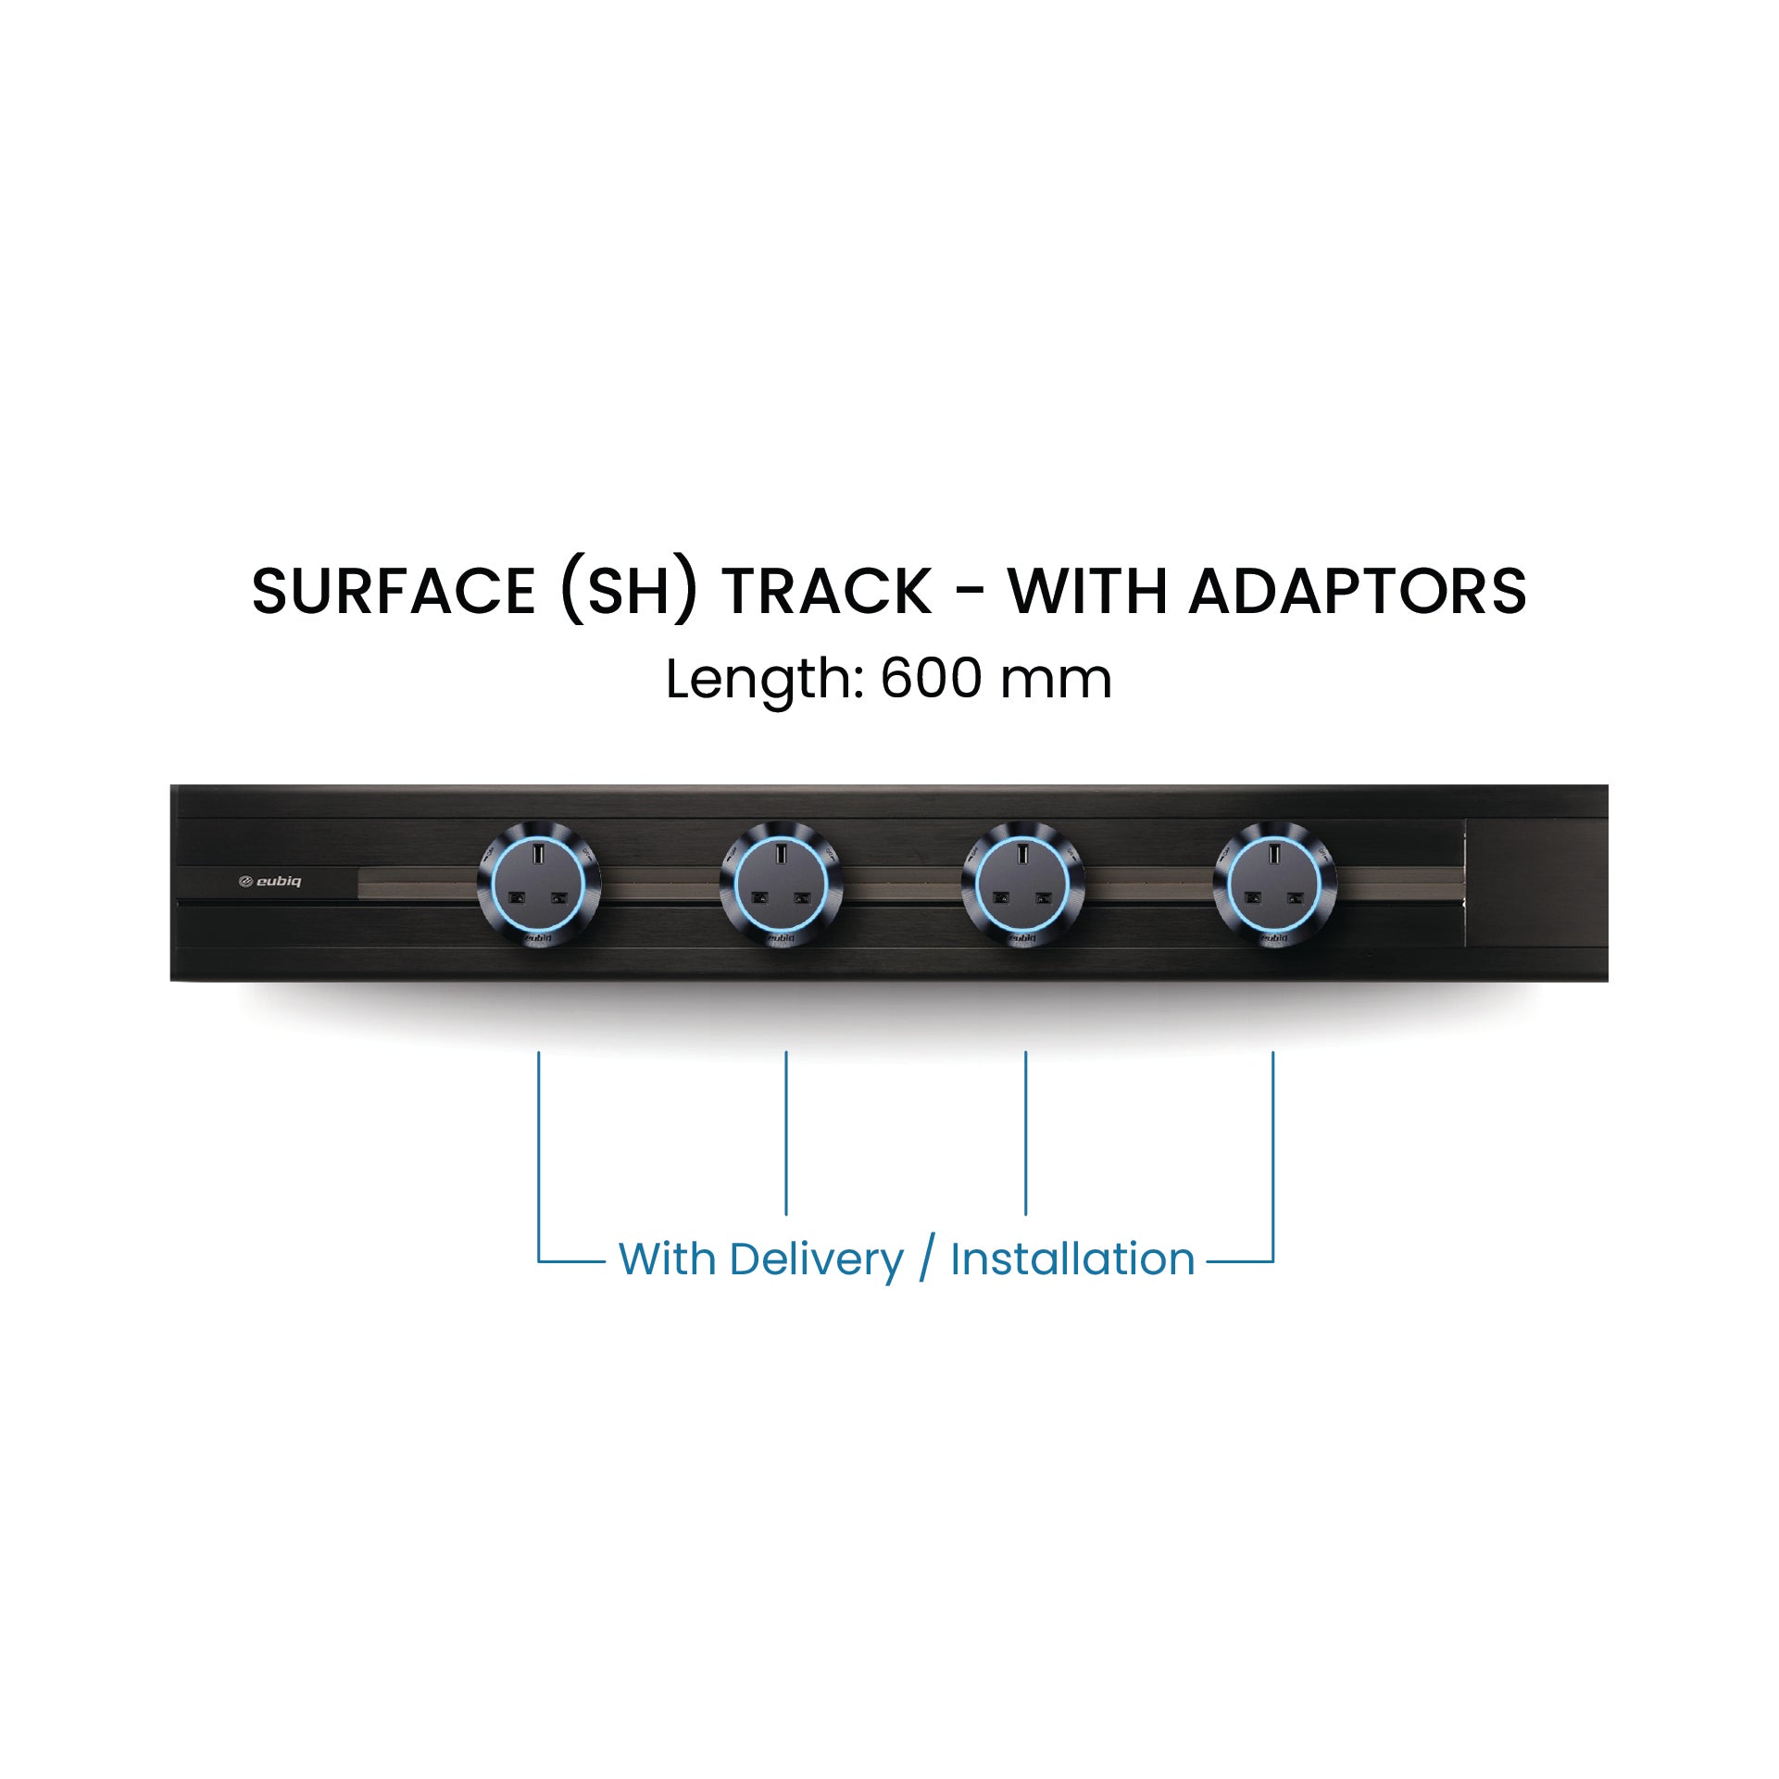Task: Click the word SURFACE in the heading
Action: (x=394, y=591)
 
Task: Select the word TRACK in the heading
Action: (x=828, y=591)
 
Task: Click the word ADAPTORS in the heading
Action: (x=1358, y=591)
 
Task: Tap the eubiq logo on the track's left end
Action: (x=269, y=882)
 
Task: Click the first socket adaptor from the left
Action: (x=539, y=883)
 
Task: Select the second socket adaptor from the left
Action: (x=782, y=883)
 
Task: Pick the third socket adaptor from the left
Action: (x=1022, y=883)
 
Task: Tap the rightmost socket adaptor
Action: (x=1274, y=883)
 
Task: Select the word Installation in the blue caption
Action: (x=1072, y=1259)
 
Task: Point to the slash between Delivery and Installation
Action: (x=927, y=1259)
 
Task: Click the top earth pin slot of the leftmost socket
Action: (x=539, y=852)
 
